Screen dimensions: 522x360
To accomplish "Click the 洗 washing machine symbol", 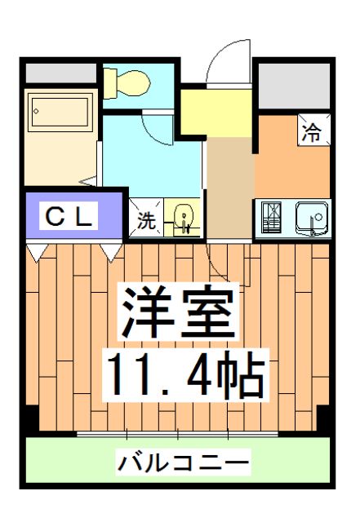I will click(145, 219).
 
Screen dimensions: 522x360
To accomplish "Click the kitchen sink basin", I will click(310, 218).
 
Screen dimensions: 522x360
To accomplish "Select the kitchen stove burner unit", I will click(272, 218).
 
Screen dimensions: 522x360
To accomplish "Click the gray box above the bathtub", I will click(59, 72).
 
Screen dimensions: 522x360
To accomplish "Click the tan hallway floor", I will click(229, 188).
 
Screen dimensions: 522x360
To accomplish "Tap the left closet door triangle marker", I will click(34, 252).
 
